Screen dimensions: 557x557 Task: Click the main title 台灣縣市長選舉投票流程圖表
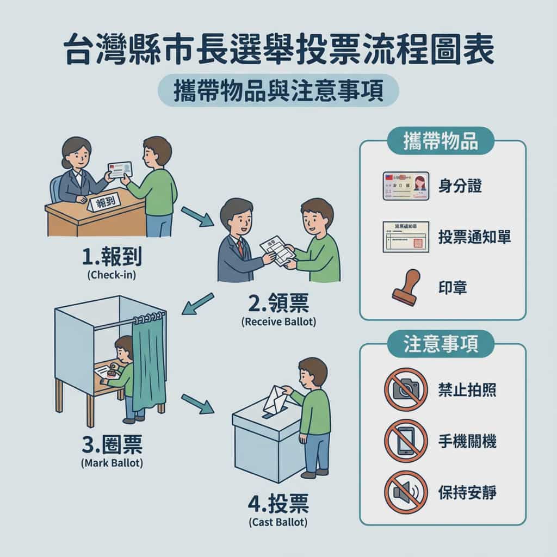[x=278, y=52]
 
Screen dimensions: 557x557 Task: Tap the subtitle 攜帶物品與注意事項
[x=278, y=91]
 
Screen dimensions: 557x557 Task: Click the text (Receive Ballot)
[x=278, y=321]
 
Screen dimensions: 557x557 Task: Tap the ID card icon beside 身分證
[x=406, y=186]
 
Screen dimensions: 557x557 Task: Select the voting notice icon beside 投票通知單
[x=406, y=237]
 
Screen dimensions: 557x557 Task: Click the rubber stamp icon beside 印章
[x=406, y=287]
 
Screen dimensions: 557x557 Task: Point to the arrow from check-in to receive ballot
[x=197, y=216]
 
